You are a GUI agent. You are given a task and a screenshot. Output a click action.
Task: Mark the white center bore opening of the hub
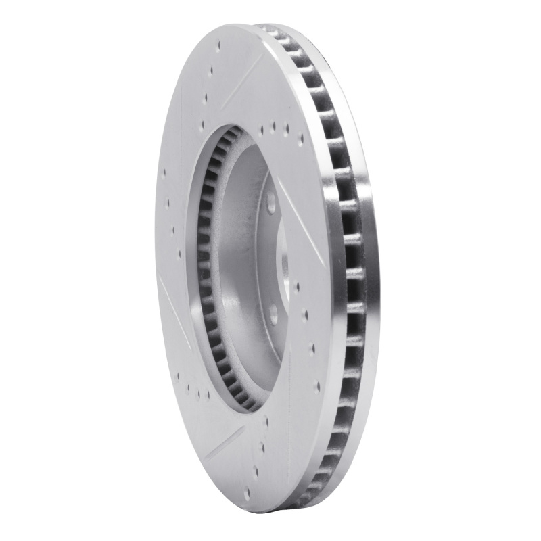coord(283,260)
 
